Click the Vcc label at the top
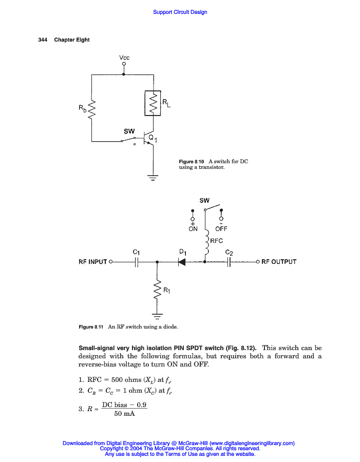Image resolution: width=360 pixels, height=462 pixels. click(124, 57)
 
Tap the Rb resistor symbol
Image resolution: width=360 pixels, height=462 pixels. click(92, 109)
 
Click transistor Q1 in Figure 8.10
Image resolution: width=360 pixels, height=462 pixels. click(148, 140)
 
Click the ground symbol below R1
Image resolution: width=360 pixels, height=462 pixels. click(158, 314)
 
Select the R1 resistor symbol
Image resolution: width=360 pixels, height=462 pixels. click(158, 291)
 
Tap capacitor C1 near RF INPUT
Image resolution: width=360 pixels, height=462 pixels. click(137, 262)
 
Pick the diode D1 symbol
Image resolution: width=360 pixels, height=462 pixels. click(182, 262)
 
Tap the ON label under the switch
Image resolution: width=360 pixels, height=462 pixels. click(193, 229)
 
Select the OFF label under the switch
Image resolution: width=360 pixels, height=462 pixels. click(221, 229)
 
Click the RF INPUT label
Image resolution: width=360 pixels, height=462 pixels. click(92, 262)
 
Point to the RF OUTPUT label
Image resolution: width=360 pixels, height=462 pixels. click(279, 262)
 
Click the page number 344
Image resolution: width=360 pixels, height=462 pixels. click(43, 40)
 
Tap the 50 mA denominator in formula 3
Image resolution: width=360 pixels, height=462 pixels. click(124, 414)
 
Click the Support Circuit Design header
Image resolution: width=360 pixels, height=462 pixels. click(180, 12)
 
